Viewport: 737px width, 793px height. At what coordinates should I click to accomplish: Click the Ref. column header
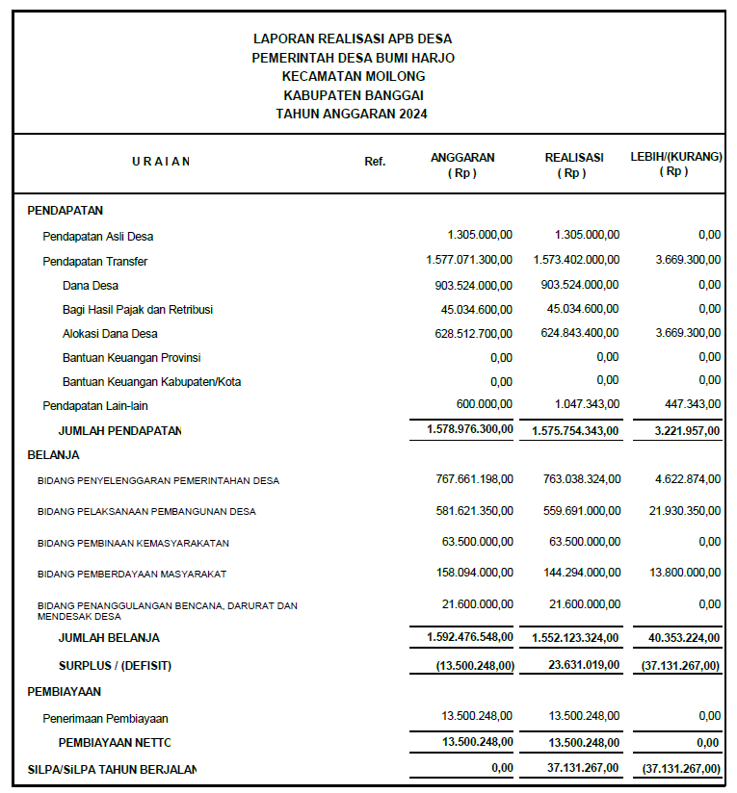pyautogui.click(x=375, y=162)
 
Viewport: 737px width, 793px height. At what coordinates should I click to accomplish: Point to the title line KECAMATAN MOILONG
pyautogui.click(x=354, y=76)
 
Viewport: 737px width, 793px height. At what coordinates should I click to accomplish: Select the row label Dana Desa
pyautogui.click(x=91, y=285)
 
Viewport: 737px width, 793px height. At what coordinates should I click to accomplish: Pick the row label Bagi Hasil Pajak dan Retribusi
pyautogui.click(x=138, y=309)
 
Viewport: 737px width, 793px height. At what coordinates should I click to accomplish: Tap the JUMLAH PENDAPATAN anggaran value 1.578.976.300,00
pyautogui.click(x=470, y=429)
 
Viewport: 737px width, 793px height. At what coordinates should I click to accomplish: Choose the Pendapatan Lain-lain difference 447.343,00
pyautogui.click(x=687, y=405)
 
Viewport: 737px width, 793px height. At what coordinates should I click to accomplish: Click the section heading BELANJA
pyautogui.click(x=54, y=454)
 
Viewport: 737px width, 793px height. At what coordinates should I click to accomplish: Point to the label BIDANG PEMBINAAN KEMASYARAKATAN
pyautogui.click(x=133, y=543)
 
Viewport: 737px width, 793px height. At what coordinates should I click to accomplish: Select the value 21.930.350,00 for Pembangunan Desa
pyautogui.click(x=685, y=511)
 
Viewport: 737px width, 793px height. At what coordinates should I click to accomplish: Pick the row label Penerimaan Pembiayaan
pyautogui.click(x=105, y=718)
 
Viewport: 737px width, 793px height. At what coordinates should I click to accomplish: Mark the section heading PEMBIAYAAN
pyautogui.click(x=65, y=691)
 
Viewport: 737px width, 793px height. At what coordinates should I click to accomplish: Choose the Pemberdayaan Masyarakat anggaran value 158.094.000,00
pyautogui.click(x=477, y=573)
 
